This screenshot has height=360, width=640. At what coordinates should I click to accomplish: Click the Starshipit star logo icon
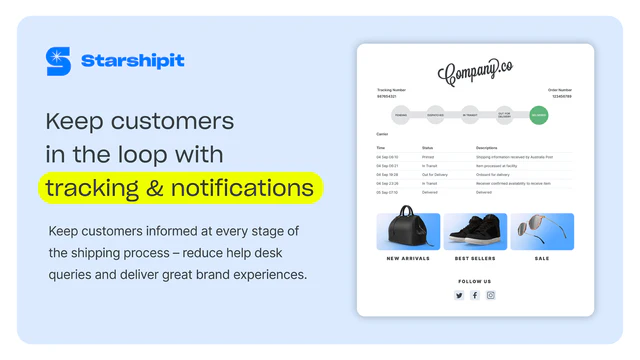(x=58, y=61)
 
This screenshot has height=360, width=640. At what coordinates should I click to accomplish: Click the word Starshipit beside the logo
(x=133, y=61)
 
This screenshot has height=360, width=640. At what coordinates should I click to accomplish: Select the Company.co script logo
(x=475, y=71)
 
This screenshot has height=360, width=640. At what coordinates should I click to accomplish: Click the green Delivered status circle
(x=539, y=115)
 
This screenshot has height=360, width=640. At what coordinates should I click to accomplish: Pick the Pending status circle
(x=401, y=115)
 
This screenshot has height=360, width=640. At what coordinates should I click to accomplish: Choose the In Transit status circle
(x=470, y=115)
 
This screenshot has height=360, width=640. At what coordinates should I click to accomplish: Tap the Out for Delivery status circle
(x=504, y=115)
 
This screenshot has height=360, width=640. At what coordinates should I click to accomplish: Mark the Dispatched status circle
(x=435, y=115)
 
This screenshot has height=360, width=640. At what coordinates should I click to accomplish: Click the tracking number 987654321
(x=387, y=97)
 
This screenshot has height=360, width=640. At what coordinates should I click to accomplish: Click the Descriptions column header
(x=486, y=148)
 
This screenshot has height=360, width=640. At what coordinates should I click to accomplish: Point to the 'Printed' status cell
(x=427, y=157)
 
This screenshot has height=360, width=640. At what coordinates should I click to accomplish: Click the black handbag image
(x=408, y=231)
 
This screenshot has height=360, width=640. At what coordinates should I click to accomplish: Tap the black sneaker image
(x=475, y=231)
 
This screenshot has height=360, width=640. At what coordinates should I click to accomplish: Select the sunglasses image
(x=541, y=231)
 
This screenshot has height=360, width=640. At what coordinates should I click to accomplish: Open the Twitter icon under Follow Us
(x=459, y=295)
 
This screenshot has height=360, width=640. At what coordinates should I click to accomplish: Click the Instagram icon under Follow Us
(x=491, y=295)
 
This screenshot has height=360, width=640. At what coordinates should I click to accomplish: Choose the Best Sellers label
(x=475, y=258)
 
